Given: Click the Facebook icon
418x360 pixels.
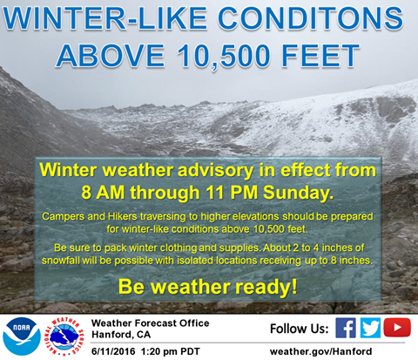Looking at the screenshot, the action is click(346, 328).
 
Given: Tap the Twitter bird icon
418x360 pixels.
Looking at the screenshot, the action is click(370, 328).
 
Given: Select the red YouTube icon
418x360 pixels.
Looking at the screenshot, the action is click(397, 328).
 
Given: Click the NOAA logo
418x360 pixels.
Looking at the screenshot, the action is click(22, 336).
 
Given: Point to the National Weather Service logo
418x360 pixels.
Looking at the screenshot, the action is click(64, 336).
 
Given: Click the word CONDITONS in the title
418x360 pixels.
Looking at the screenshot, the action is click(310, 18).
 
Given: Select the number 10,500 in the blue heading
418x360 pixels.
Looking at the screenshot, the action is click(224, 56).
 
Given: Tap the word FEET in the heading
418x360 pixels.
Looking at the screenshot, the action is click(320, 56).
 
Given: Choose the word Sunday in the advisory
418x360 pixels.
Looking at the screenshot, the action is click(299, 193).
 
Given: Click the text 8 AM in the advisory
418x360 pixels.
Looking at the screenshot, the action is click(103, 193).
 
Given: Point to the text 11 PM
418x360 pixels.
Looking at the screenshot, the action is click(232, 193).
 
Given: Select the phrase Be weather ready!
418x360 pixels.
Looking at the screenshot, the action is click(208, 287).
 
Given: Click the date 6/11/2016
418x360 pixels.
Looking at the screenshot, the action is click(113, 351).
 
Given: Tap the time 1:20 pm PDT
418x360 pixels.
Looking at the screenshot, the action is click(171, 351).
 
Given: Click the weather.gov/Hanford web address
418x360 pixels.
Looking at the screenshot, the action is click(320, 351).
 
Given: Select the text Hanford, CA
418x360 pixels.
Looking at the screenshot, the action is click(121, 335).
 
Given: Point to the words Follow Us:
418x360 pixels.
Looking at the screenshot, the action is click(300, 329).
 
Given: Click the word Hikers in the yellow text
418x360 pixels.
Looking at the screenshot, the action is click(122, 216).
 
